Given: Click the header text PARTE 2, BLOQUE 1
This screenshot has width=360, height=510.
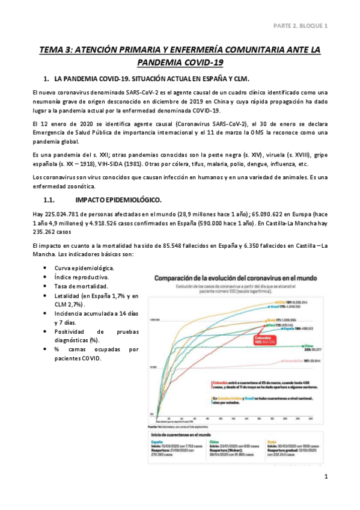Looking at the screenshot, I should click(x=300, y=26).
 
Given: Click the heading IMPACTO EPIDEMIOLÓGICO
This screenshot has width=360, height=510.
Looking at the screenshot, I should click(x=118, y=199).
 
